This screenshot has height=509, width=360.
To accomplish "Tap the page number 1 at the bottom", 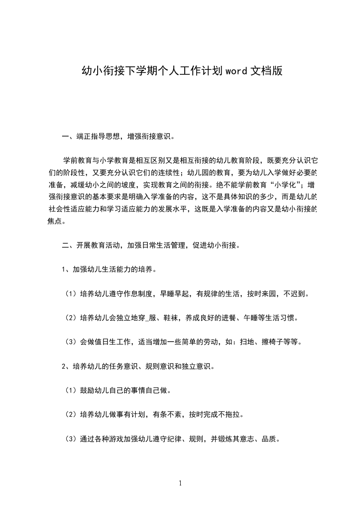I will (x=180, y=483).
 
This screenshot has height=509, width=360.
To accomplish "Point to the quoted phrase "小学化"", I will (x=282, y=185).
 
